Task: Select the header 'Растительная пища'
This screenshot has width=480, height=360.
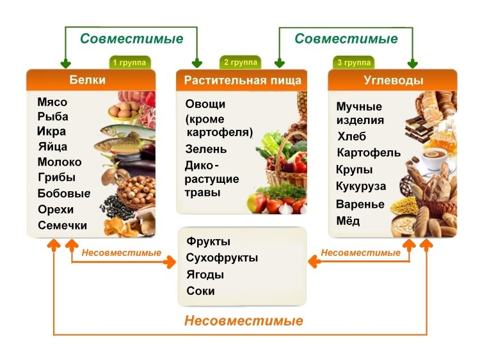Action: click(243, 81)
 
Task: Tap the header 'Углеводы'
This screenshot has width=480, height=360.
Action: click(393, 81)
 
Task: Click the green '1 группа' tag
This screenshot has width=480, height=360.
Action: click(130, 63)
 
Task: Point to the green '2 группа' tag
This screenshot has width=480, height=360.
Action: click(241, 62)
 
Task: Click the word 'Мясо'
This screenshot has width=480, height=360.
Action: click(52, 102)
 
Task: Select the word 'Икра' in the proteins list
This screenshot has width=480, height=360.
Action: click(51, 132)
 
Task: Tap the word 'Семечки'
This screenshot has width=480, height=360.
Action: click(62, 226)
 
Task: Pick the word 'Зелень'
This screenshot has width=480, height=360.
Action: click(206, 150)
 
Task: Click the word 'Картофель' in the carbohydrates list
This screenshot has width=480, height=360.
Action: click(369, 153)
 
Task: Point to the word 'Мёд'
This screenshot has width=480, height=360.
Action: click(348, 221)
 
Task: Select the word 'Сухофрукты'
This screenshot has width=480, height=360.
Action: click(222, 258)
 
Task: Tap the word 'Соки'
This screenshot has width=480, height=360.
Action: click(200, 292)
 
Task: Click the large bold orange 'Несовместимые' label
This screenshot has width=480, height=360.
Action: click(243, 321)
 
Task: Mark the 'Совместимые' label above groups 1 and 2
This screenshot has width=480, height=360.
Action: click(131, 38)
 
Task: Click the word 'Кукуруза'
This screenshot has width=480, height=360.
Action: click(361, 187)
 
